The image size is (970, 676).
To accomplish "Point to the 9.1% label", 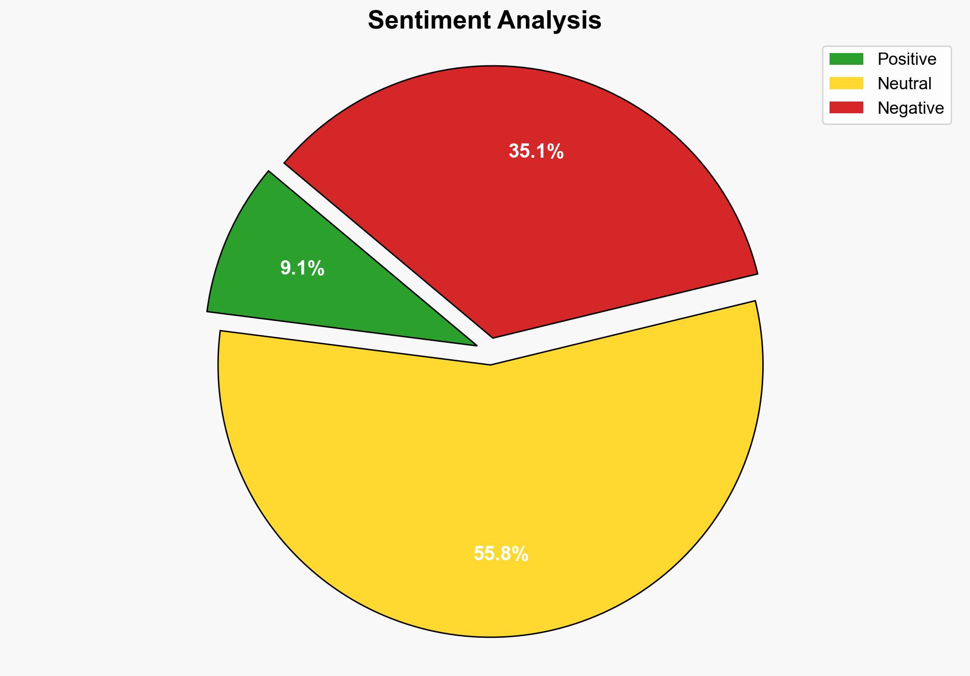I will click(x=302, y=268).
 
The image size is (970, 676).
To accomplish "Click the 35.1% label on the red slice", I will click(x=536, y=152).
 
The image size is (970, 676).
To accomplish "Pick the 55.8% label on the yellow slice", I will click(x=501, y=554).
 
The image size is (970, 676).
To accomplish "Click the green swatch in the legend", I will click(x=846, y=59).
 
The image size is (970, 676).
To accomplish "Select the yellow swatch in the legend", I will click(x=846, y=83).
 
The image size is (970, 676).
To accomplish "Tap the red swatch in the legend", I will click(x=846, y=108).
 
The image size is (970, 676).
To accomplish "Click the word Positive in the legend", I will click(x=907, y=59).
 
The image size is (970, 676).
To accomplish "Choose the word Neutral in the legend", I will click(x=904, y=84).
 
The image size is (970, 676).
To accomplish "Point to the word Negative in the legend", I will click(x=910, y=108).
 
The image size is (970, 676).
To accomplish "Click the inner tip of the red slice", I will click(x=493, y=336).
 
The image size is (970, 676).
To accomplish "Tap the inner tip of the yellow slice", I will click(x=490, y=364).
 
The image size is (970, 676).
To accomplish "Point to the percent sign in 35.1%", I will click(x=555, y=152).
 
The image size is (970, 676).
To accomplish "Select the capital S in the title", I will click(x=376, y=21).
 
